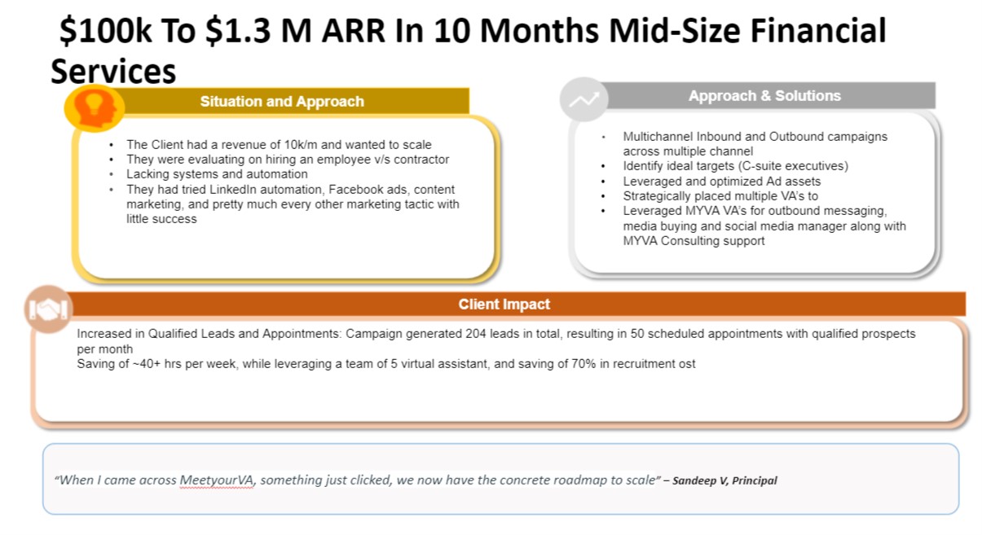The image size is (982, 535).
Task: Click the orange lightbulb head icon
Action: (95, 108)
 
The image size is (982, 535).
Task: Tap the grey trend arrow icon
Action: (584, 99)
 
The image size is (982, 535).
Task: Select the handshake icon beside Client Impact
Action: (48, 309)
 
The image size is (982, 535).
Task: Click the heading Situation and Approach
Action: (282, 102)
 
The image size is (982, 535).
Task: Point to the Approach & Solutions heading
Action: (764, 96)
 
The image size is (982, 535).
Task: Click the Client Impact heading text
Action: (504, 304)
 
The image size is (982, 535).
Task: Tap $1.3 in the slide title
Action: (238, 31)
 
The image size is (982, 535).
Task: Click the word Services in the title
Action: (113, 72)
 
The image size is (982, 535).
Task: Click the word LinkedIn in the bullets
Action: (235, 190)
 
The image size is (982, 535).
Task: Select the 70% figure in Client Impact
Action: (583, 364)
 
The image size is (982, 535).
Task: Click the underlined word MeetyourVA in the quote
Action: (217, 480)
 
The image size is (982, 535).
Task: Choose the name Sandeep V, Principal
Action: (724, 480)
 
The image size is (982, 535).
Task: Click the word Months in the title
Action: (539, 31)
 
